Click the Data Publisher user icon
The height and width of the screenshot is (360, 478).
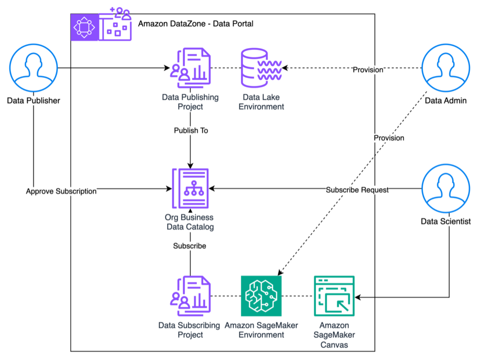click(x=34, y=68)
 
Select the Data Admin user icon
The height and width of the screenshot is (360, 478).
click(x=446, y=68)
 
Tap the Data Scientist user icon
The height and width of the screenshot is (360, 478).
click(x=446, y=188)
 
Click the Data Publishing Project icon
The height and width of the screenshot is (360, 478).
click(x=190, y=68)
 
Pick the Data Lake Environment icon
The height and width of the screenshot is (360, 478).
click(x=261, y=68)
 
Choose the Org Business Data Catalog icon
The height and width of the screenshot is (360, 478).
click(x=190, y=188)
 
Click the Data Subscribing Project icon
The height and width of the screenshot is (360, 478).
click(x=190, y=296)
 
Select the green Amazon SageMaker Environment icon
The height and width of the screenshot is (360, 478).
click(x=261, y=296)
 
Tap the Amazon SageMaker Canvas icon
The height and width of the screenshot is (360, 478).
click(x=334, y=296)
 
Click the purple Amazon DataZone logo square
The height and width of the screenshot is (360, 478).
click(x=84, y=27)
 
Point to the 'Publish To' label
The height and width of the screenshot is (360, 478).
click(x=191, y=131)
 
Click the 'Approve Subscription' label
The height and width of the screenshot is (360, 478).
click(x=61, y=191)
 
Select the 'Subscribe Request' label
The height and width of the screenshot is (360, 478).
click(x=357, y=190)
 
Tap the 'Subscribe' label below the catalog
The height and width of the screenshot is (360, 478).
click(x=190, y=246)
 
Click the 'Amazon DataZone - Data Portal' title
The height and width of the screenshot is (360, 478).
click(x=196, y=24)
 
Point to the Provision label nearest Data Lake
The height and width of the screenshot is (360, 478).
click(x=368, y=70)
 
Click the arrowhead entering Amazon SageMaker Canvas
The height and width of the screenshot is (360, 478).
click(x=358, y=297)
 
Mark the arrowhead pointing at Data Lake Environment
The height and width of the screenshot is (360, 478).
click(x=285, y=68)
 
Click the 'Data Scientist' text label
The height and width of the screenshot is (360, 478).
click(x=446, y=221)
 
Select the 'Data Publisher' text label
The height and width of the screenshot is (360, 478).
click(x=34, y=101)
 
